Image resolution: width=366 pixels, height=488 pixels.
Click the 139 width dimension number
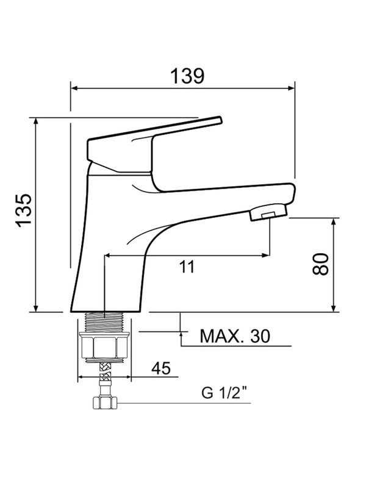[x=186, y=76]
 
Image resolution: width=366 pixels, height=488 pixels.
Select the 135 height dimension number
[x=23, y=210]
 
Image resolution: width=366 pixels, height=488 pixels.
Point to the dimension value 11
[x=187, y=267]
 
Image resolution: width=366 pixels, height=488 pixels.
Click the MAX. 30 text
[x=235, y=336]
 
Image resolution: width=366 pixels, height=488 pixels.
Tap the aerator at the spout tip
[x=269, y=213]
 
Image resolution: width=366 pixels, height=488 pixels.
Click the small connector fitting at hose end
[x=104, y=403]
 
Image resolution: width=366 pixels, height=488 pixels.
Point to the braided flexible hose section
[x=104, y=370]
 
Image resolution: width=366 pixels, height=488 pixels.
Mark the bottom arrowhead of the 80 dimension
[x=333, y=308]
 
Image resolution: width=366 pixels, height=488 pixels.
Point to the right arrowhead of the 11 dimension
[x=266, y=255]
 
